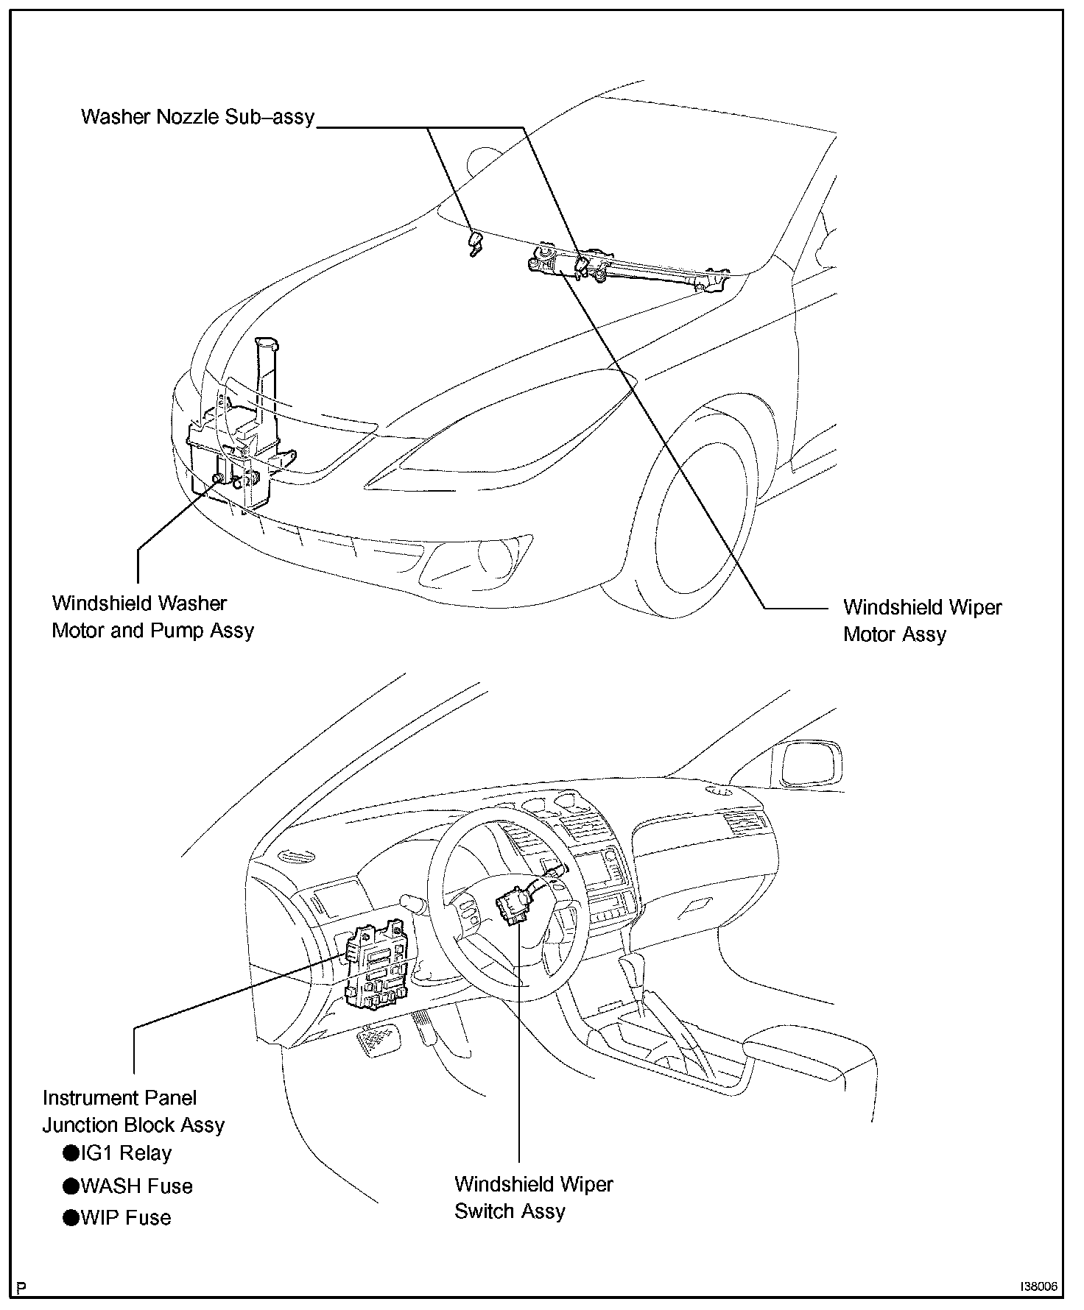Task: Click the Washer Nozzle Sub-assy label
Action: click(197, 116)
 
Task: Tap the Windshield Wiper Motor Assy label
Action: click(922, 620)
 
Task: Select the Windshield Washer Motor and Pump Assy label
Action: click(153, 617)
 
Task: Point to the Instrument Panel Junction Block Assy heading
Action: click(133, 1111)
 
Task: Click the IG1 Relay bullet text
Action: click(126, 1153)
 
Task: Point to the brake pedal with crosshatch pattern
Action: click(379, 1042)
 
